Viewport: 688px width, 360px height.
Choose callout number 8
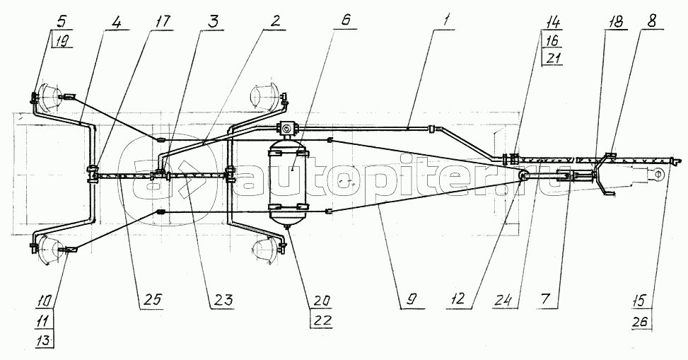tap(651, 21)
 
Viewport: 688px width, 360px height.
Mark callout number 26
tap(642, 322)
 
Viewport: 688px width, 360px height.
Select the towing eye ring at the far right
tap(658, 175)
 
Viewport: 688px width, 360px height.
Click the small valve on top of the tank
tap(287, 128)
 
